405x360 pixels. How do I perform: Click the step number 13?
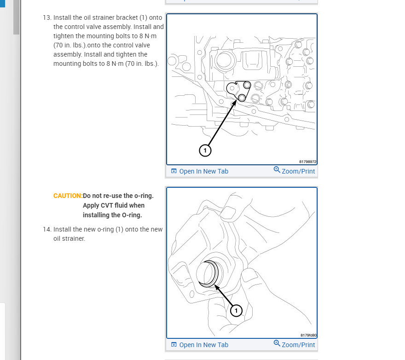(46, 18)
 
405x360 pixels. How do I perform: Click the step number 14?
(46, 229)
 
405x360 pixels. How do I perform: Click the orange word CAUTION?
(68, 196)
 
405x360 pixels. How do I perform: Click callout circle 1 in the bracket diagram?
(205, 150)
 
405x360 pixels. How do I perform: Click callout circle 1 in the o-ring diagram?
(236, 311)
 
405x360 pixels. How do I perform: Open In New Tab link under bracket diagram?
(203, 171)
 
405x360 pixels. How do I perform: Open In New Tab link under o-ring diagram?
(203, 345)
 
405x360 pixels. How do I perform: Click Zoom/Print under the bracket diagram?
(298, 171)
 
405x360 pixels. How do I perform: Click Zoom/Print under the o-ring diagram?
(298, 345)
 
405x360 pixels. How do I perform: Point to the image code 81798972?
(308, 162)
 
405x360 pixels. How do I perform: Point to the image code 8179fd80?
(308, 336)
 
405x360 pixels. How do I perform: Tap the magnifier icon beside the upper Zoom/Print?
(277, 170)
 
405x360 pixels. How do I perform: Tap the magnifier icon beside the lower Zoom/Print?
(277, 343)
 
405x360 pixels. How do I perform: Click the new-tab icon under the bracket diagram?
(174, 171)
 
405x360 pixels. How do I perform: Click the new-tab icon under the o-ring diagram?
(174, 345)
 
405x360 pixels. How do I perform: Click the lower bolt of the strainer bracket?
(242, 97)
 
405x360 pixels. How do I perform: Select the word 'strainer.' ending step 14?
(74, 238)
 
